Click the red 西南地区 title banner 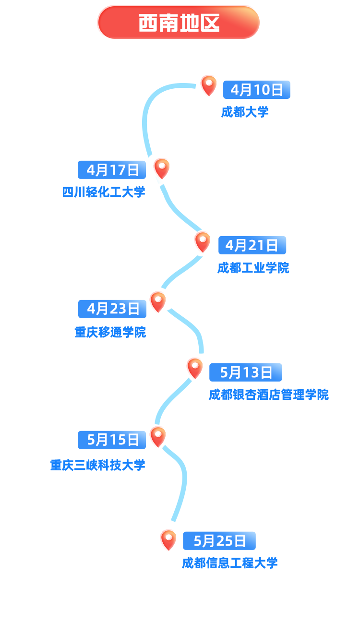point(179,23)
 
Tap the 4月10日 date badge point(257,90)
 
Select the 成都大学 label point(245,112)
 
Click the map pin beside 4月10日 point(209,85)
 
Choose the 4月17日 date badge point(112,170)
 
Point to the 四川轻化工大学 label point(104,192)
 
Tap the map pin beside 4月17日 point(162,168)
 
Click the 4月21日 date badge point(252,245)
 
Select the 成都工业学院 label point(253,268)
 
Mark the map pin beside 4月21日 point(203,242)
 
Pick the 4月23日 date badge point(112,309)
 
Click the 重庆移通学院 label point(110,332)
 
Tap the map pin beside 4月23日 point(158,302)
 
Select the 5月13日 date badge point(246,372)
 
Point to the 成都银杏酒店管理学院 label point(269,395)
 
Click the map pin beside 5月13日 point(195,369)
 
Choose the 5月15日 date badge point(112,440)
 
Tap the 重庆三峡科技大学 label point(98,465)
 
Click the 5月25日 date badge point(219,540)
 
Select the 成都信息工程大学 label point(230,563)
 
